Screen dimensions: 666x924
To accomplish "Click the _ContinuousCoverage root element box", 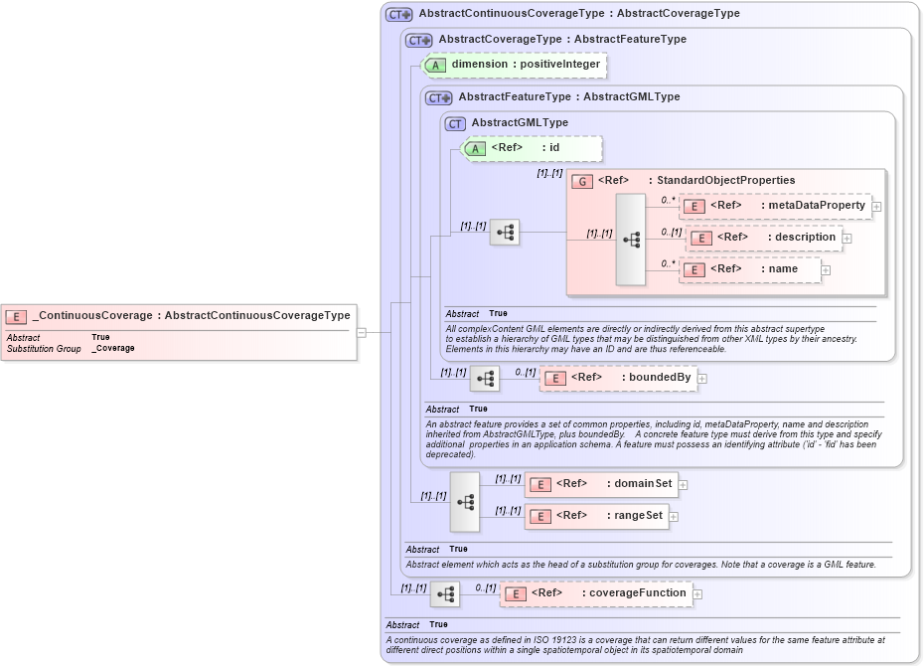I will [179, 316].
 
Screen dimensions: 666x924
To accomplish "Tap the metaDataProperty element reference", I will [775, 206].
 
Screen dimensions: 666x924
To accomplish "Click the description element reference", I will [765, 238].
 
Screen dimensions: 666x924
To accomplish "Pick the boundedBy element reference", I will [617, 378].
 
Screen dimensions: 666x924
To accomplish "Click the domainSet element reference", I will [600, 484].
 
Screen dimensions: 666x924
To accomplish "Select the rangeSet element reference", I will [596, 516].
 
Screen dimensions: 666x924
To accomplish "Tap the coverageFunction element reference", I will [596, 593].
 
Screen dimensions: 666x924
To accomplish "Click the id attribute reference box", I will [532, 148].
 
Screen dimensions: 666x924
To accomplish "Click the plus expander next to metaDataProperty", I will [876, 207].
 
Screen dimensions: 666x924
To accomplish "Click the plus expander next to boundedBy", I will [701, 378].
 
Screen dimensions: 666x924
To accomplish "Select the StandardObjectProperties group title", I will [695, 181].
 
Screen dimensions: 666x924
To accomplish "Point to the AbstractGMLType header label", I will [519, 123].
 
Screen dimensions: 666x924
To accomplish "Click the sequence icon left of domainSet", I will [464, 501].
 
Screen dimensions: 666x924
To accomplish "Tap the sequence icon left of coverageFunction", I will [445, 594].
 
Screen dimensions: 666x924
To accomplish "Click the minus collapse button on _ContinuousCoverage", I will [362, 333].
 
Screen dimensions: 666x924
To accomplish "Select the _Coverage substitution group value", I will [113, 349].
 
